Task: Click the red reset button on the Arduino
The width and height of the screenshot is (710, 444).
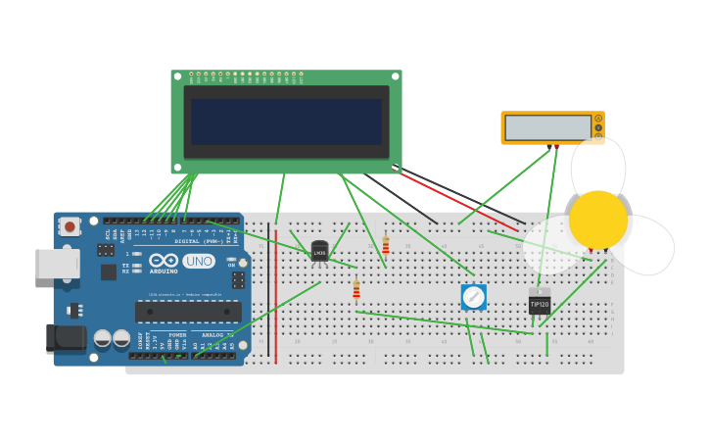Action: [70, 226]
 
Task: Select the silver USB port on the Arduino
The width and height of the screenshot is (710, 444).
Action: [57, 264]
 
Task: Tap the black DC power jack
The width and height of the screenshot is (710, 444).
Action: [65, 338]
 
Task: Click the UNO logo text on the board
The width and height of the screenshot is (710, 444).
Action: [199, 262]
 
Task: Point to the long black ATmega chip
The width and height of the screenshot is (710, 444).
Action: [188, 312]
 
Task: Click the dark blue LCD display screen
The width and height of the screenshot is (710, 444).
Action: [286, 122]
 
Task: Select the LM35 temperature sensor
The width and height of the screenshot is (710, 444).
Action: [319, 252]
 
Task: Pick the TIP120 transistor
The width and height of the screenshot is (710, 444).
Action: [540, 303]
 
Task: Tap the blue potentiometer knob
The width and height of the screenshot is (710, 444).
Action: [474, 296]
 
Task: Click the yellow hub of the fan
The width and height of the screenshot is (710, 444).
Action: [597, 220]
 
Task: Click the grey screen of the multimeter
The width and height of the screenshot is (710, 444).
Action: [547, 127]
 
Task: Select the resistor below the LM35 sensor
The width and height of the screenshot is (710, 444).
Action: [356, 289]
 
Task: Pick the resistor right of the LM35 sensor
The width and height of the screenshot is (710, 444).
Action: [386, 245]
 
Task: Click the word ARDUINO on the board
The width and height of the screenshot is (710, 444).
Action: [164, 271]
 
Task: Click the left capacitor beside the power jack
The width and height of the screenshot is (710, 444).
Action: [103, 339]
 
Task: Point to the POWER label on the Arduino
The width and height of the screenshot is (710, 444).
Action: [177, 335]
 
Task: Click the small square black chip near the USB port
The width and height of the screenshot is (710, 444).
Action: [109, 271]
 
